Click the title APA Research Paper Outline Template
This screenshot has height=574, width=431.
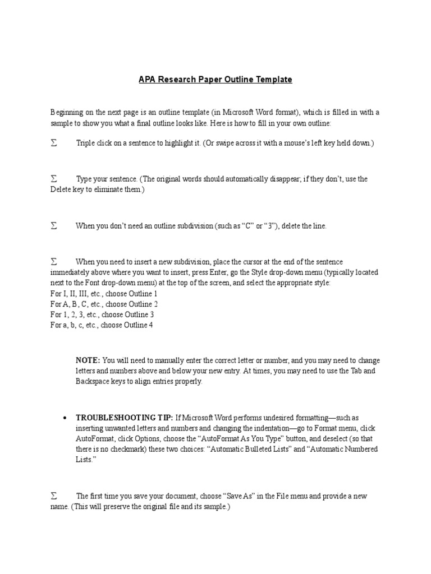pos(215,80)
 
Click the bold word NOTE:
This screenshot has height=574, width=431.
pos(88,360)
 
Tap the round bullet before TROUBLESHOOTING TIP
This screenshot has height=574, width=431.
pos(66,418)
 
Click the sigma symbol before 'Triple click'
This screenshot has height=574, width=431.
pos(54,143)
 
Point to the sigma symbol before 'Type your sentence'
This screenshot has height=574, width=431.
pos(54,179)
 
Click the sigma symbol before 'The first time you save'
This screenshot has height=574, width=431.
pos(54,496)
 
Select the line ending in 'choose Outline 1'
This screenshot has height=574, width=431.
pos(104,293)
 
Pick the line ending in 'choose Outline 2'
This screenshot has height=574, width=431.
pos(104,304)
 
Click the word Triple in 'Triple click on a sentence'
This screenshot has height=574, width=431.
pos(85,143)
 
